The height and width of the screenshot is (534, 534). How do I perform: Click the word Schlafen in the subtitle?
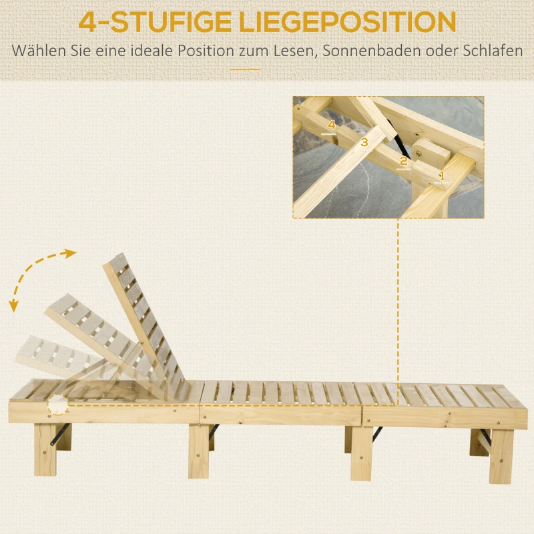click(x=491, y=51)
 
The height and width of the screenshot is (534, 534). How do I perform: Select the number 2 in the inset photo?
click(x=403, y=160)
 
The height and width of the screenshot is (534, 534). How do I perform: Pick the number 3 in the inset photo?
click(x=364, y=142)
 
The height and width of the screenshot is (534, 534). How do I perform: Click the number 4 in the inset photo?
click(x=331, y=125)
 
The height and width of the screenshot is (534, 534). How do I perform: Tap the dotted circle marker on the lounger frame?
click(x=58, y=405)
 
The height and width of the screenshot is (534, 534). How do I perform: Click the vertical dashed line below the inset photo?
click(x=398, y=307)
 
